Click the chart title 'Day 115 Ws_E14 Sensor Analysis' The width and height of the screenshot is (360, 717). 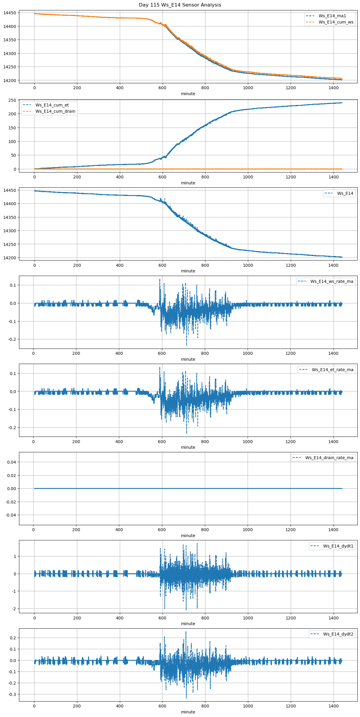tap(180, 5)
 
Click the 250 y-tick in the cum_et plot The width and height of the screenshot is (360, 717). tap(12, 100)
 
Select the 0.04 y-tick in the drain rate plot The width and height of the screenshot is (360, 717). tap(12, 462)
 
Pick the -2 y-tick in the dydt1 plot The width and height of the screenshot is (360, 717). tap(14, 609)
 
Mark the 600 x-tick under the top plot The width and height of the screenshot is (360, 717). tap(162, 88)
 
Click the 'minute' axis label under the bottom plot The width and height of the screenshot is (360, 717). tap(188, 712)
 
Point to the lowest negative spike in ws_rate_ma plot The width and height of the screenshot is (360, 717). tap(187, 345)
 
